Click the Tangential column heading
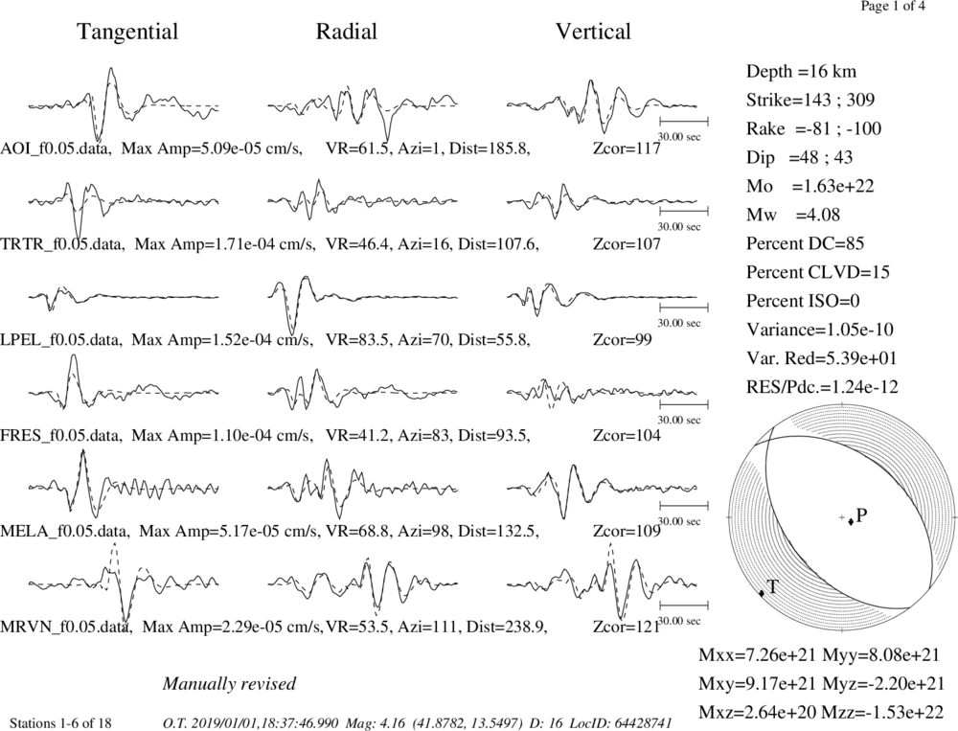127,32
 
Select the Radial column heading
346,32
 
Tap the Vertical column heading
593,32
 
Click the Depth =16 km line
801,72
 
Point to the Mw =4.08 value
793,215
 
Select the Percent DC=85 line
806,243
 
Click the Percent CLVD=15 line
818,272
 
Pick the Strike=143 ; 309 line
810,100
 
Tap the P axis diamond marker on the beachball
851,521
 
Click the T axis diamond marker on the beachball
762,593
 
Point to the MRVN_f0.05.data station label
66,628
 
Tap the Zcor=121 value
627,627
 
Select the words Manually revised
229,684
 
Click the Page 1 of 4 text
893,7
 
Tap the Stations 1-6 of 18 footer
61,723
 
